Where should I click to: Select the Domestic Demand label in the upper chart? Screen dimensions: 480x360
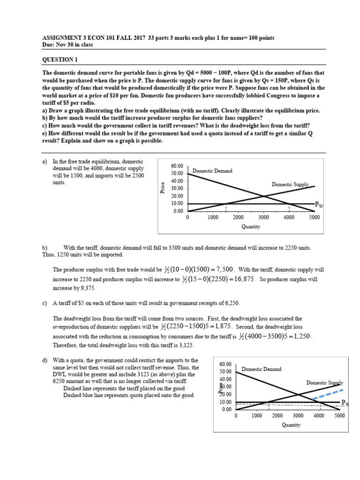(x=212, y=171)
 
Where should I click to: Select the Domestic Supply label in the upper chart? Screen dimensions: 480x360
(x=290, y=185)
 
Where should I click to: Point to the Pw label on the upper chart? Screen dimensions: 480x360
(x=319, y=204)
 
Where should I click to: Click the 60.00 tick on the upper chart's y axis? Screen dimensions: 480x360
(x=178, y=166)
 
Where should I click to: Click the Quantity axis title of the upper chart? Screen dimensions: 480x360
(x=251, y=227)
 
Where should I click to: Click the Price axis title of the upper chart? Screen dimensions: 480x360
(x=162, y=188)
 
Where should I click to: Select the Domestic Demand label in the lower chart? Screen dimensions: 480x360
(x=262, y=369)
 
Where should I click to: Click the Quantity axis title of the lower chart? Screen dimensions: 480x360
(x=291, y=425)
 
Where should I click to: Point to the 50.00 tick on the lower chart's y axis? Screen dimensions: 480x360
(x=225, y=372)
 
